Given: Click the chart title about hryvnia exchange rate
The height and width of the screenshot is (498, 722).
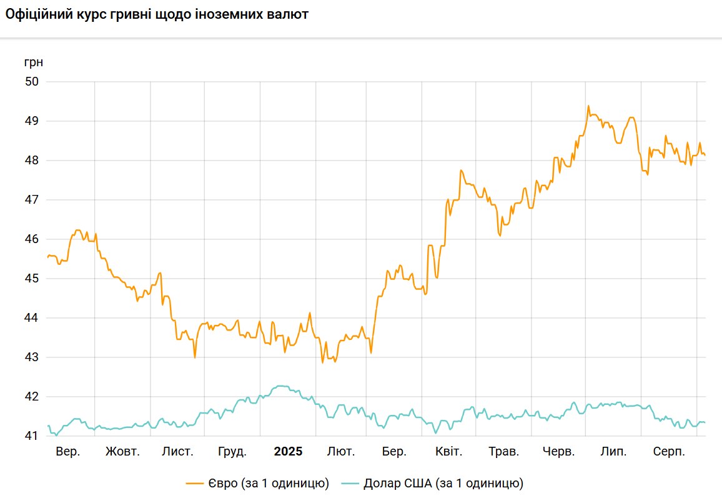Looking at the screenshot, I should click(157, 14).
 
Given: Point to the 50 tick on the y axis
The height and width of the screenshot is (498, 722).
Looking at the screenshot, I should click(32, 82).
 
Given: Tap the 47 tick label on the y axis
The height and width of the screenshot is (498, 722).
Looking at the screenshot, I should click(32, 200).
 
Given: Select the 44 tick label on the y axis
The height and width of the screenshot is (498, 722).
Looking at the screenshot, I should click(32, 318).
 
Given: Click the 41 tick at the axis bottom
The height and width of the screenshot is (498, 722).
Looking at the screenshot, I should click(32, 436).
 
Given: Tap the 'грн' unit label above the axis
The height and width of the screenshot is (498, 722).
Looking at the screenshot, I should click(34, 62).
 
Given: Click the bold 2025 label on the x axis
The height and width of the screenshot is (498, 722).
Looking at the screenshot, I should click(288, 452).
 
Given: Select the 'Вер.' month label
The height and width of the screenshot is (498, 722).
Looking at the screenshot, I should click(67, 452).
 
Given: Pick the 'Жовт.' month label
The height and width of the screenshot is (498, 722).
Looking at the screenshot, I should click(122, 452).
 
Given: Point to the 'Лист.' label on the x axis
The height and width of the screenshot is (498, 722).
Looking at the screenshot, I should click(177, 452).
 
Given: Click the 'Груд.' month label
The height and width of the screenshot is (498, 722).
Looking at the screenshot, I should click(232, 452).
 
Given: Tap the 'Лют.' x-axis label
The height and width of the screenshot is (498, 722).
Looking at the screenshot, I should click(341, 452).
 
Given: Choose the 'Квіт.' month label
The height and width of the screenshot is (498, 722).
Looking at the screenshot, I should click(448, 452).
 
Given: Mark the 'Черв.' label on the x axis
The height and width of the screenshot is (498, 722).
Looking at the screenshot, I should click(558, 452).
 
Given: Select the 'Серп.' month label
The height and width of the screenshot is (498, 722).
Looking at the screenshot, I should click(669, 452).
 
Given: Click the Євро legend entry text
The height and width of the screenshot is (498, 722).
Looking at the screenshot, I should click(269, 483).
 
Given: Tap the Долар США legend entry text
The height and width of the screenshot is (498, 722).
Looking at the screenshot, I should click(443, 483).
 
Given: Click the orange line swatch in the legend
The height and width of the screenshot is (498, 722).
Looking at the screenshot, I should click(195, 483).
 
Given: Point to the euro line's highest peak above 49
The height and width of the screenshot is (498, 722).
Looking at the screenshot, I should click(588, 106).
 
